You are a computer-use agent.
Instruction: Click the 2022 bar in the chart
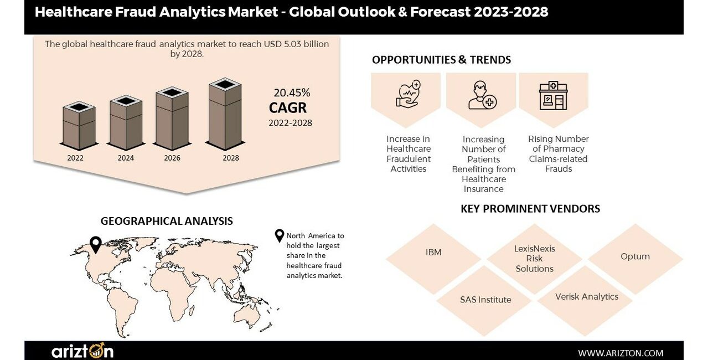click(79, 126)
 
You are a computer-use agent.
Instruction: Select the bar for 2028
click(225, 114)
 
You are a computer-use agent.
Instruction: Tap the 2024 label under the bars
click(126, 158)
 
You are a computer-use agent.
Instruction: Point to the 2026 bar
click(172, 119)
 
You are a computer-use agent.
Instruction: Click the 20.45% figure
click(292, 92)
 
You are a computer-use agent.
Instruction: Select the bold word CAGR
click(288, 108)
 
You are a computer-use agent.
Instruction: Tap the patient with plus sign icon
click(482, 95)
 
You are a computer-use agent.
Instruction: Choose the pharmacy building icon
click(553, 95)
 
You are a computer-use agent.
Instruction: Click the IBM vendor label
click(433, 253)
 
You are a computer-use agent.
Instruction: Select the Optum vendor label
click(635, 256)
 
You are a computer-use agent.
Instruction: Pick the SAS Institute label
click(485, 300)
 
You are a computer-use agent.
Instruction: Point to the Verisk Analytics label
click(587, 297)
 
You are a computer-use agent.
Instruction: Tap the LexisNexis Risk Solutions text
click(535, 259)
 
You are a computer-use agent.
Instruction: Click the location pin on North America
click(96, 245)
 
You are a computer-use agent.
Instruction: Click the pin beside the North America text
click(280, 236)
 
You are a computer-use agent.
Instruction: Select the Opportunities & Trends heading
click(441, 60)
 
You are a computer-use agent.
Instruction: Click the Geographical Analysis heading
click(167, 221)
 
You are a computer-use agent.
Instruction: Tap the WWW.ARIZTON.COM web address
click(621, 353)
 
